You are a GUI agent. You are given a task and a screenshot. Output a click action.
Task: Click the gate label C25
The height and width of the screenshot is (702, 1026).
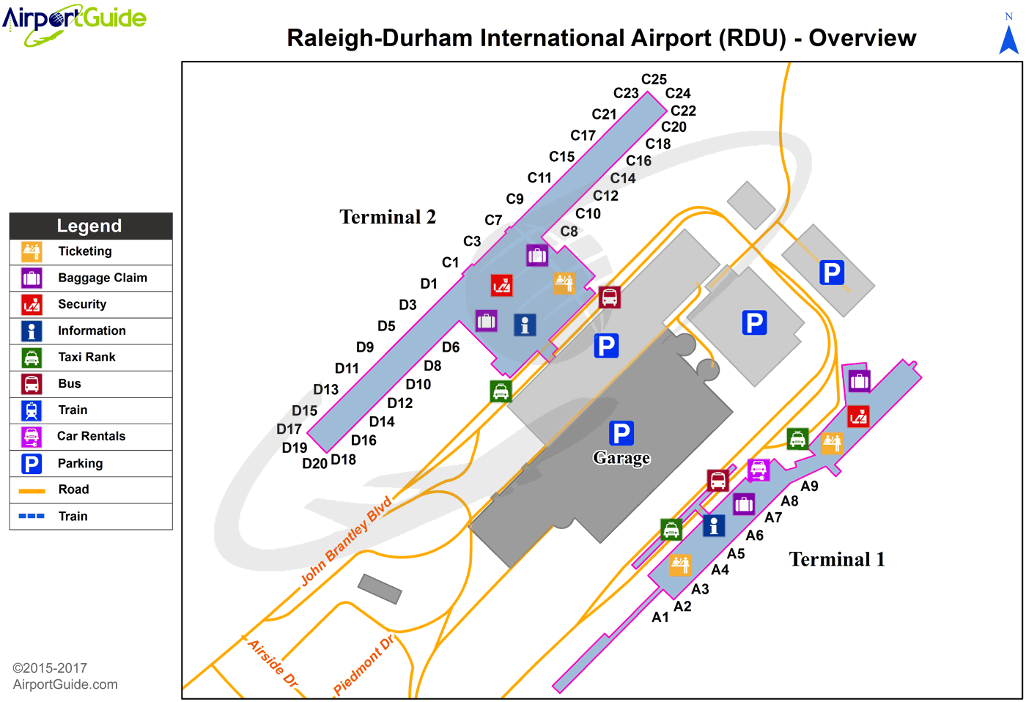coord(654,79)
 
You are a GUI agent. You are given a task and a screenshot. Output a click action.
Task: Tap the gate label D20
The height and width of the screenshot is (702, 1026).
coord(314,463)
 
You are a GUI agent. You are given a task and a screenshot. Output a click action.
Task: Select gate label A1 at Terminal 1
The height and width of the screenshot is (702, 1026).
coord(660,617)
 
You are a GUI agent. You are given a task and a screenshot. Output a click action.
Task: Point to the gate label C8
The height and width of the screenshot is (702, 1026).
coord(569,232)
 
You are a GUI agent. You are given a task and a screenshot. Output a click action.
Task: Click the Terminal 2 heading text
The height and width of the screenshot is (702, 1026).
coord(388,217)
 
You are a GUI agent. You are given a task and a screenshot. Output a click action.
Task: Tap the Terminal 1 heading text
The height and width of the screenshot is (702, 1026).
coord(837,559)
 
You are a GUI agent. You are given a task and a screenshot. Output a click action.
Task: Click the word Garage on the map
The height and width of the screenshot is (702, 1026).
coord(621,457)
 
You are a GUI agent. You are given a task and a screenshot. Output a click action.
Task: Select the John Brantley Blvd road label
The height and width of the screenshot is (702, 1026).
coord(347,541)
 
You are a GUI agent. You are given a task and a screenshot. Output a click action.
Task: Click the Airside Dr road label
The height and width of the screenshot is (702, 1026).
coord(273,663)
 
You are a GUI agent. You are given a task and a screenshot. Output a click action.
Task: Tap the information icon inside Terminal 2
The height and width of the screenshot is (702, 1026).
coord(525,325)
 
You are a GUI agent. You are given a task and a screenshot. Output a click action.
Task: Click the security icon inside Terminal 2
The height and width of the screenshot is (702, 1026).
coord(501,285)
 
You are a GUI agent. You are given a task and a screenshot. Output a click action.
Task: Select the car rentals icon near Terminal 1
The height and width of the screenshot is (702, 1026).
coord(759,470)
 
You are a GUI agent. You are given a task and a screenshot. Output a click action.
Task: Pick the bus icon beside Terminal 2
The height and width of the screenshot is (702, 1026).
coord(610,298)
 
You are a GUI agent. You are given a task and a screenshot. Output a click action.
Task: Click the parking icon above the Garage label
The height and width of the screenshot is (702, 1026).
coord(621,433)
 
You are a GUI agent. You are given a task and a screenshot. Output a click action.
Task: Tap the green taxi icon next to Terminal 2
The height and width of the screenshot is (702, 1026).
coord(501,391)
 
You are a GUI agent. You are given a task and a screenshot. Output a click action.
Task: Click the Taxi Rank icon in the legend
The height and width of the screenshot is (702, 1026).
coord(32,358)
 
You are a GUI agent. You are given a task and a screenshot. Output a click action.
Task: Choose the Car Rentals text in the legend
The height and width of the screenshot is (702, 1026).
coord(91,436)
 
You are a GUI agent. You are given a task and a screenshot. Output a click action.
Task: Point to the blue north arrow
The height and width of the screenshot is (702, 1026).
coord(1008,40)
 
